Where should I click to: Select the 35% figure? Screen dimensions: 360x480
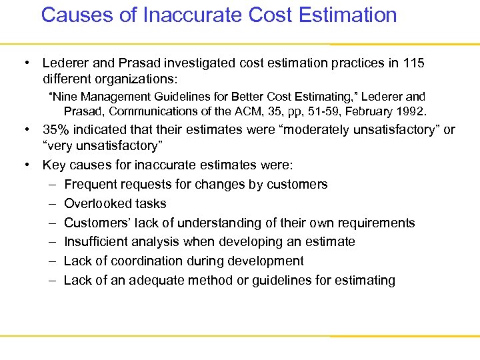point(56,129)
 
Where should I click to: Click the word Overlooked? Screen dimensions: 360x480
point(96,203)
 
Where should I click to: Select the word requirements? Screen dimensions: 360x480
point(376,223)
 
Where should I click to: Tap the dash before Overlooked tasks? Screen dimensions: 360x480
point(51,203)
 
